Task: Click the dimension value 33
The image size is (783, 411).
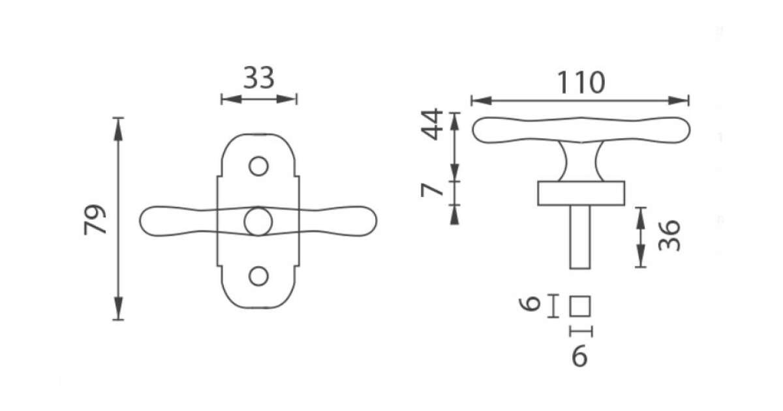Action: (258, 78)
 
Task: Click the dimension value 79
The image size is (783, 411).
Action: (95, 219)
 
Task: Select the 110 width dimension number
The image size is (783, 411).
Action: (581, 82)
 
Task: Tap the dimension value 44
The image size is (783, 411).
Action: (432, 124)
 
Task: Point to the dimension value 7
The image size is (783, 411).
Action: (432, 190)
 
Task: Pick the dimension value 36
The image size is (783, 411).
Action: (669, 236)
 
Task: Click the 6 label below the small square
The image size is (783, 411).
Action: (580, 356)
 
